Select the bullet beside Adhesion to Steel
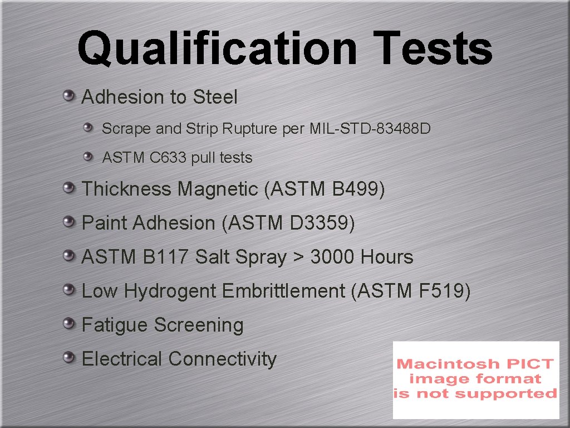(68, 96)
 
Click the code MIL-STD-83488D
(370, 129)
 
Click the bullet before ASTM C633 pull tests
(89, 158)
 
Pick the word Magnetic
(218, 189)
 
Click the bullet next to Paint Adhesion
(68, 223)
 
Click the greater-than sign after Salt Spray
(298, 258)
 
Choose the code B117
(166, 257)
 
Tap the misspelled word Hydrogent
(170, 291)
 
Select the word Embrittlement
(283, 291)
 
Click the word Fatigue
(115, 325)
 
